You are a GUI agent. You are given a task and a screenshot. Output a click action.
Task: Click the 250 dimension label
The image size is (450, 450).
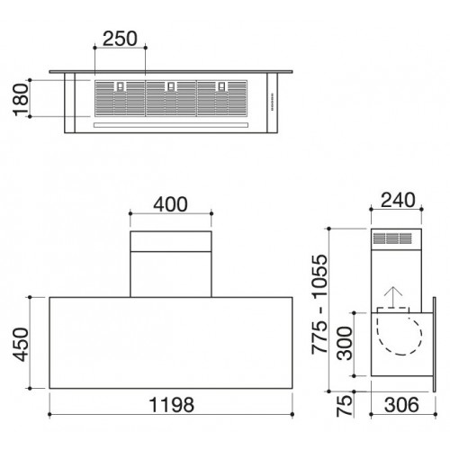click(120, 39)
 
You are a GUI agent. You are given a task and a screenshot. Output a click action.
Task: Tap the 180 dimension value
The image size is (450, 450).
click(21, 100)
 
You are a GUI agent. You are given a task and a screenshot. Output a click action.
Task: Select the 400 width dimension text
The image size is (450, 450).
click(170, 204)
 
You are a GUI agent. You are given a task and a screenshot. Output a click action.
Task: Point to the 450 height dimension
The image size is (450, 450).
click(21, 345)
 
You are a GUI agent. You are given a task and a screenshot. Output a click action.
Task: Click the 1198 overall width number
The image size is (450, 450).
click(172, 405)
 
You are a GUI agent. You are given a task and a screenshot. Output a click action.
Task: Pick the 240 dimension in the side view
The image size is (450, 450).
click(398, 200)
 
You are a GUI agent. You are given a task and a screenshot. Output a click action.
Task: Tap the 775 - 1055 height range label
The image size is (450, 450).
click(319, 304)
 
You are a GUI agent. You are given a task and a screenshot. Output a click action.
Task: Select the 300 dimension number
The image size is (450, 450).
click(345, 343)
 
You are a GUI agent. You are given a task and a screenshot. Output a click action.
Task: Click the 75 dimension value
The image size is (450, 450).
click(344, 406)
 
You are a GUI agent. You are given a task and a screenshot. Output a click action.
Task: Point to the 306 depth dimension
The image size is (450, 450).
click(401, 405)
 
